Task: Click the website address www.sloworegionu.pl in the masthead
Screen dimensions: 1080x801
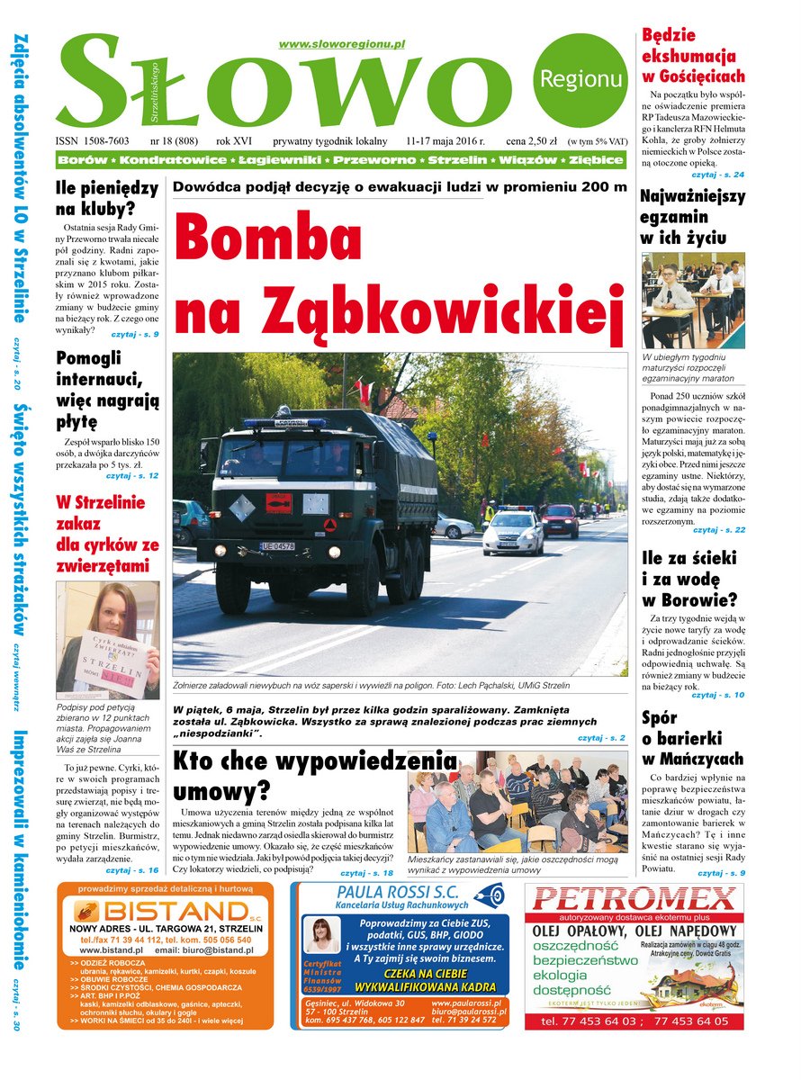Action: click(341, 44)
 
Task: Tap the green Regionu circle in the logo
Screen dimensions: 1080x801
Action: click(580, 79)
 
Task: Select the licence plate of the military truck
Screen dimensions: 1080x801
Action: click(277, 546)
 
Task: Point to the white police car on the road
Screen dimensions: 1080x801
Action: click(513, 533)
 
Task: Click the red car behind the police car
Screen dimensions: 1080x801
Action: click(560, 520)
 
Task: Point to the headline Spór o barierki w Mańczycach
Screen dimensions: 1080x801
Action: click(692, 739)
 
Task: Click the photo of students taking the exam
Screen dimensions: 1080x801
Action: click(692, 300)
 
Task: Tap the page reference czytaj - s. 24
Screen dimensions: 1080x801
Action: click(718, 175)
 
